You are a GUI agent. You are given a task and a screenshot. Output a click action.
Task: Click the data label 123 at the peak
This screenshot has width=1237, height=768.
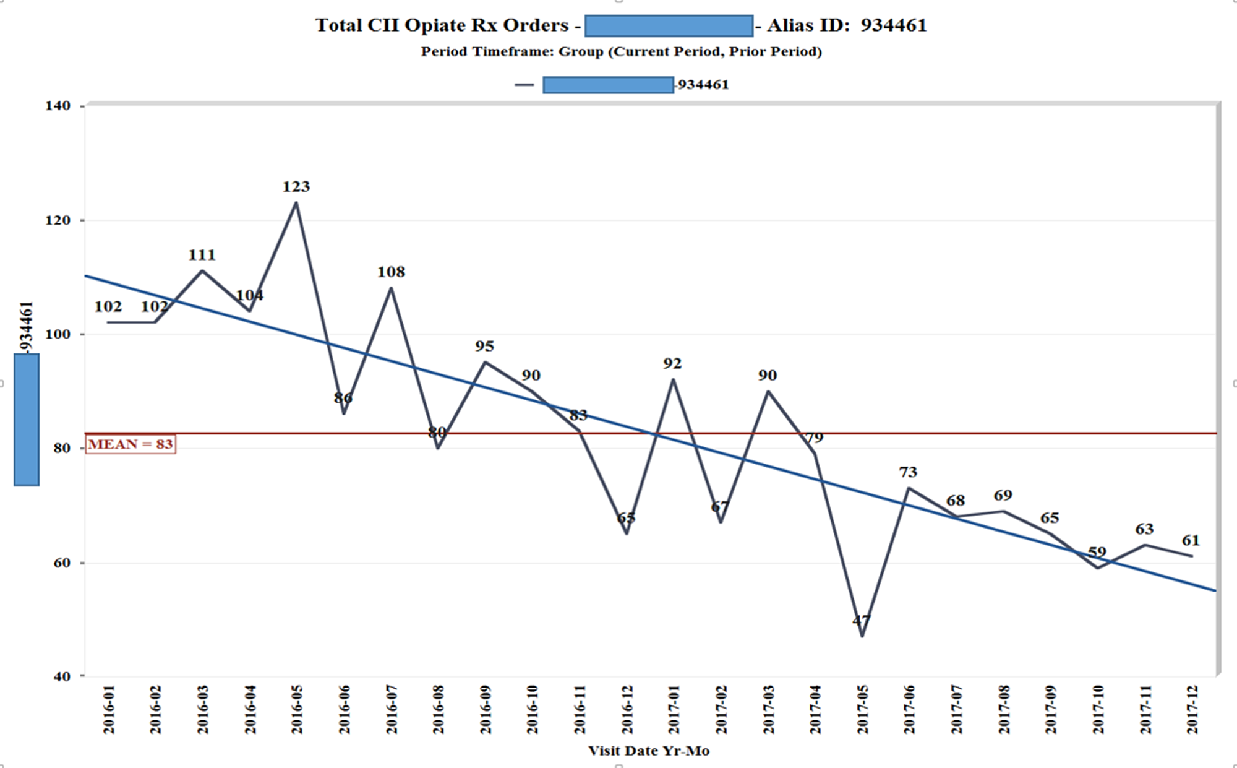296,186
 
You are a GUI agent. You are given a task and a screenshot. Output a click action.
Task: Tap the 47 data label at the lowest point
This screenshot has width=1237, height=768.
861,620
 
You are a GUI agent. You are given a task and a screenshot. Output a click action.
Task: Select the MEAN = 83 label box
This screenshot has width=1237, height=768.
131,444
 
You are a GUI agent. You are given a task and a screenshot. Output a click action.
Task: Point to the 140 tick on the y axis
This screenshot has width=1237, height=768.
58,106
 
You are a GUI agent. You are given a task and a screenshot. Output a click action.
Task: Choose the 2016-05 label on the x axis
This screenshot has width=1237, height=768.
297,709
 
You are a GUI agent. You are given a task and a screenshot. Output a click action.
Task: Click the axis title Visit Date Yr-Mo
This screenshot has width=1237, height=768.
648,751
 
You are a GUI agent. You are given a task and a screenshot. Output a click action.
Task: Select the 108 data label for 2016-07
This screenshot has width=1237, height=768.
391,272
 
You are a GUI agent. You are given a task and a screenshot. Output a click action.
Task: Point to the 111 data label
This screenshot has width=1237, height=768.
202,255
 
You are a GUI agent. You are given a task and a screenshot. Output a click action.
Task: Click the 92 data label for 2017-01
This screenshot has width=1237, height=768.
672,363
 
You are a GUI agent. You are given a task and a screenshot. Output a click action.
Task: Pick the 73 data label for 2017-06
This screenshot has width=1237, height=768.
907,472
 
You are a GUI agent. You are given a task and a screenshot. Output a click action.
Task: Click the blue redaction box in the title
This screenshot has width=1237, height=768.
669,26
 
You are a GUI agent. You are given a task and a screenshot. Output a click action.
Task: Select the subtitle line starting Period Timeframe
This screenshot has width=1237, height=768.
621,51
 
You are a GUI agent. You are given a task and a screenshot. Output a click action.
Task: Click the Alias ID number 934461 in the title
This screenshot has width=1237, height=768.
894,25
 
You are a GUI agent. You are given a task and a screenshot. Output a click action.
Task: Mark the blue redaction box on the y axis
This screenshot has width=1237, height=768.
27,420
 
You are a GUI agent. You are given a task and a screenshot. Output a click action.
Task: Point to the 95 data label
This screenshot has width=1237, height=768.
484,346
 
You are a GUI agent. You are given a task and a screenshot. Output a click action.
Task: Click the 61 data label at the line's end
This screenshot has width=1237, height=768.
1191,540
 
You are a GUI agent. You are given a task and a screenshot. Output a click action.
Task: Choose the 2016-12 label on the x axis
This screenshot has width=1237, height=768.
627,709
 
